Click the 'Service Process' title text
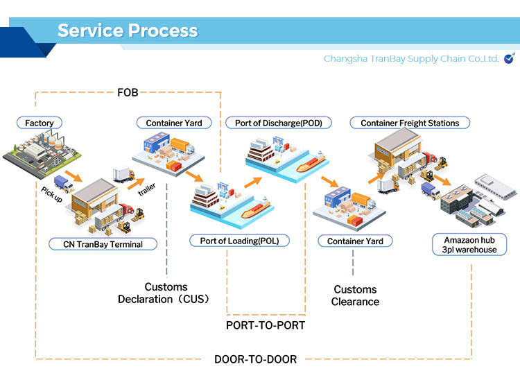pyautogui.click(x=128, y=31)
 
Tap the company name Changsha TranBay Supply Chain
pyautogui.click(x=411, y=59)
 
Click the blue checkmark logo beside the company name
pyautogui.click(x=510, y=58)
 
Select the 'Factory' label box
pyautogui.click(x=39, y=123)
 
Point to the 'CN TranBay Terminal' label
pyautogui.click(x=103, y=243)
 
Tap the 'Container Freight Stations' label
pyautogui.click(x=410, y=123)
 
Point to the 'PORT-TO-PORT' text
pyautogui.click(x=265, y=325)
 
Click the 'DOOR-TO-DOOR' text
pyautogui.click(x=255, y=359)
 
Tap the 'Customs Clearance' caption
pyautogui.click(x=355, y=295)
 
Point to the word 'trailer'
pyautogui.click(x=146, y=189)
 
